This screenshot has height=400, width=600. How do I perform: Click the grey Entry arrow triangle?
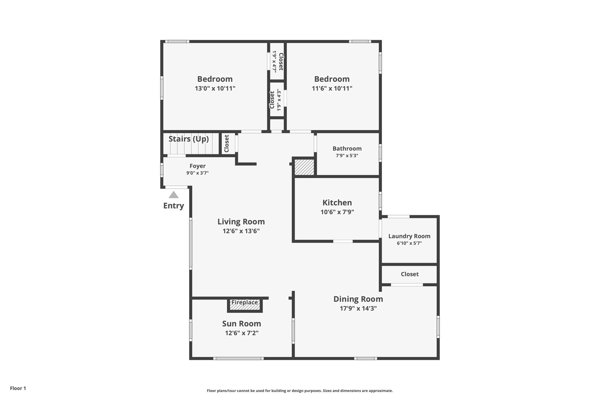[174, 195]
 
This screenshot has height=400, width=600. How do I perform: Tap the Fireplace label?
[245, 302]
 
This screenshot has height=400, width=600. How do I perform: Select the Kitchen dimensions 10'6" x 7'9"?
[337, 212]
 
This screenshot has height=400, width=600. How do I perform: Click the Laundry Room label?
[409, 236]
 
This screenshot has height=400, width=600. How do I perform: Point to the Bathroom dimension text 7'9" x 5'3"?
[347, 156]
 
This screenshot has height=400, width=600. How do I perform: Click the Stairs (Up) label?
[189, 139]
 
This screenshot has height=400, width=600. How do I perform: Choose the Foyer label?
[197, 166]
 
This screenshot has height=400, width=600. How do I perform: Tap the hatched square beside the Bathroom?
[304, 167]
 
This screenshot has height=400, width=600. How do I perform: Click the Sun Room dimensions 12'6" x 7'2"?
[242, 333]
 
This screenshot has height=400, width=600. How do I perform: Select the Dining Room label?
[358, 299]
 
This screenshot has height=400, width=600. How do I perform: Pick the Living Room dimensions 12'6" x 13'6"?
[241, 231]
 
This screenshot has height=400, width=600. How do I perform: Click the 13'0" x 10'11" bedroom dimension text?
[215, 88]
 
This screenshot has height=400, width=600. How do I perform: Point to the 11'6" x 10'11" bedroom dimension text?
[332, 88]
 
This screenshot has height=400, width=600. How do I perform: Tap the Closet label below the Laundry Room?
[410, 274]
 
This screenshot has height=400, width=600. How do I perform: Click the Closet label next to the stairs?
[226, 144]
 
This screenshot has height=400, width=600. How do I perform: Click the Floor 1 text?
[18, 388]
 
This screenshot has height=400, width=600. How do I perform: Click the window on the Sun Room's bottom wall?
[238, 358]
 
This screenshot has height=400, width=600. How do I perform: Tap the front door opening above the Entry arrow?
[176, 187]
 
